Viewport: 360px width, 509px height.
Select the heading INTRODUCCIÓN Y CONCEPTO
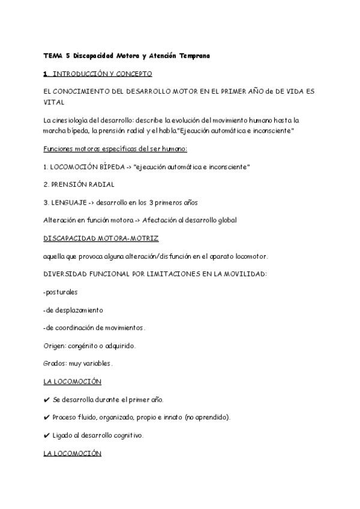[102, 73]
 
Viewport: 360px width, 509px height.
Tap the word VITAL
[53, 102]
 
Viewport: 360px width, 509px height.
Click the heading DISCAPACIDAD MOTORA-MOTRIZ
[101, 238]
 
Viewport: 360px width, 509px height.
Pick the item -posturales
[61, 292]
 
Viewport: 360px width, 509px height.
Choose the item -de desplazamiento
[73, 310]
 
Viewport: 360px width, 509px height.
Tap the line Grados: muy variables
[78, 364]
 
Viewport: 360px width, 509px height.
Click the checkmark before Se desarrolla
[47, 400]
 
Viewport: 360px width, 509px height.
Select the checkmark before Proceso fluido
[47, 417]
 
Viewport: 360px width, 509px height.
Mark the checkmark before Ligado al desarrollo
[47, 435]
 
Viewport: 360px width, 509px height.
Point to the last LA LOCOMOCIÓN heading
[72, 453]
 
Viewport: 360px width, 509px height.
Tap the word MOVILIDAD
[242, 274]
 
